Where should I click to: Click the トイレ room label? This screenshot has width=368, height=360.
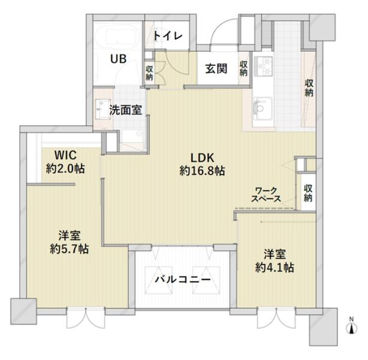[168, 36]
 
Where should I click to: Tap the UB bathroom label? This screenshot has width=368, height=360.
[118, 59]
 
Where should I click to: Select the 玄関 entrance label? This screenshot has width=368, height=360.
[216, 68]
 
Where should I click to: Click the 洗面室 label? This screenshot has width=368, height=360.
[125, 110]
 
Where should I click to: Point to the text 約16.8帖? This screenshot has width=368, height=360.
[202, 171]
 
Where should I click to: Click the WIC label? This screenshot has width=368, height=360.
[65, 155]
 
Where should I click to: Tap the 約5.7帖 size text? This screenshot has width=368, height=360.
[70, 248]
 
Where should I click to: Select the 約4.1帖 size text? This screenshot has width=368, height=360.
[275, 268]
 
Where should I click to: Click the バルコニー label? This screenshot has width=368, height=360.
[182, 280]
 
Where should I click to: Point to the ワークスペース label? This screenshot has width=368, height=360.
[266, 194]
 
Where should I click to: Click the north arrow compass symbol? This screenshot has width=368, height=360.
[351, 326]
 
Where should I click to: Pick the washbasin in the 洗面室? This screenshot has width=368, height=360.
[102, 109]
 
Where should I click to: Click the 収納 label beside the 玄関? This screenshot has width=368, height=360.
[243, 68]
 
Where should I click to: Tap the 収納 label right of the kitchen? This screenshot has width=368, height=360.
[309, 88]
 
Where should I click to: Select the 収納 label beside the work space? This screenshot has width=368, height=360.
[308, 193]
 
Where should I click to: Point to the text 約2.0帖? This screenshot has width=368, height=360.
[65, 169]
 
